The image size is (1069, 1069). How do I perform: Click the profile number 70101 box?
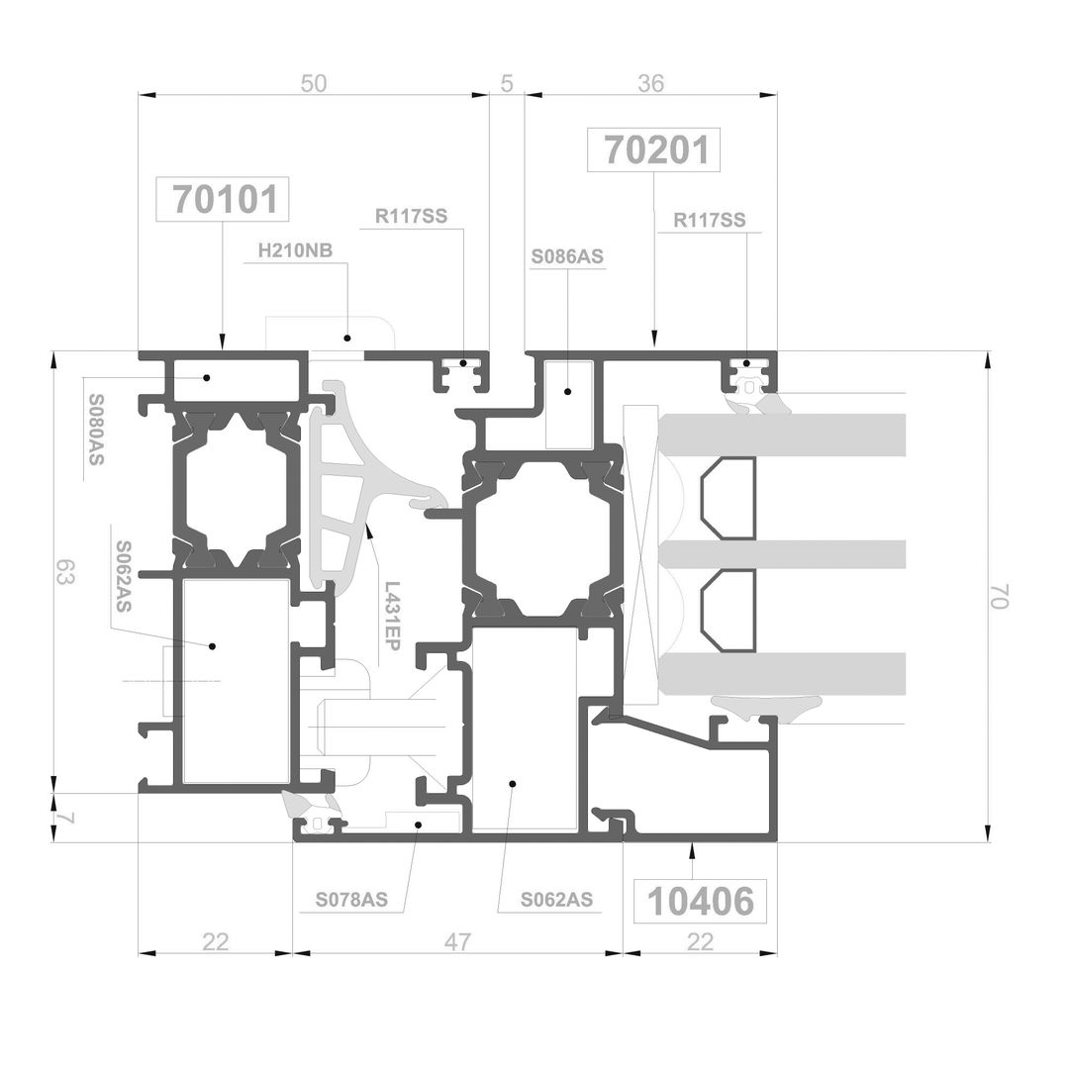point(223,199)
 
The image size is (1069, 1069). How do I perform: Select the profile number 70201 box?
point(653,149)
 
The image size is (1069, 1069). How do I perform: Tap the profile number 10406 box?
point(700,902)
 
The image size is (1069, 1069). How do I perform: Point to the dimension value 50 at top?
point(314,83)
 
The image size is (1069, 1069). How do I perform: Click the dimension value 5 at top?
point(507,83)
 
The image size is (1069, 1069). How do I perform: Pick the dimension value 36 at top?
point(650,83)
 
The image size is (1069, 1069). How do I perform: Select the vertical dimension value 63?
point(64,571)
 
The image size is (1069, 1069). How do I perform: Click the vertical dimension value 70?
point(998,597)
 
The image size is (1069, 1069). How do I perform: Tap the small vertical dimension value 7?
point(64,818)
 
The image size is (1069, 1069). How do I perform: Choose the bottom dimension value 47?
point(456,941)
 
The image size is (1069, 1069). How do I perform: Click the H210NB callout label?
point(295,250)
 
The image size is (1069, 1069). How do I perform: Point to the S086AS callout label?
point(567,257)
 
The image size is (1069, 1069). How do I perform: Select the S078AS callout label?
point(351,900)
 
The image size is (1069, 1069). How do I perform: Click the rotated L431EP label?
point(391,616)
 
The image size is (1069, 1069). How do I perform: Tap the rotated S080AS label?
point(96,430)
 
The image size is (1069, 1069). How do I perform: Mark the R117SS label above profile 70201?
point(709,220)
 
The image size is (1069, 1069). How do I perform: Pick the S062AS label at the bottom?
point(556,900)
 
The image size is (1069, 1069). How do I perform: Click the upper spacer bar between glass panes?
point(729,498)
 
